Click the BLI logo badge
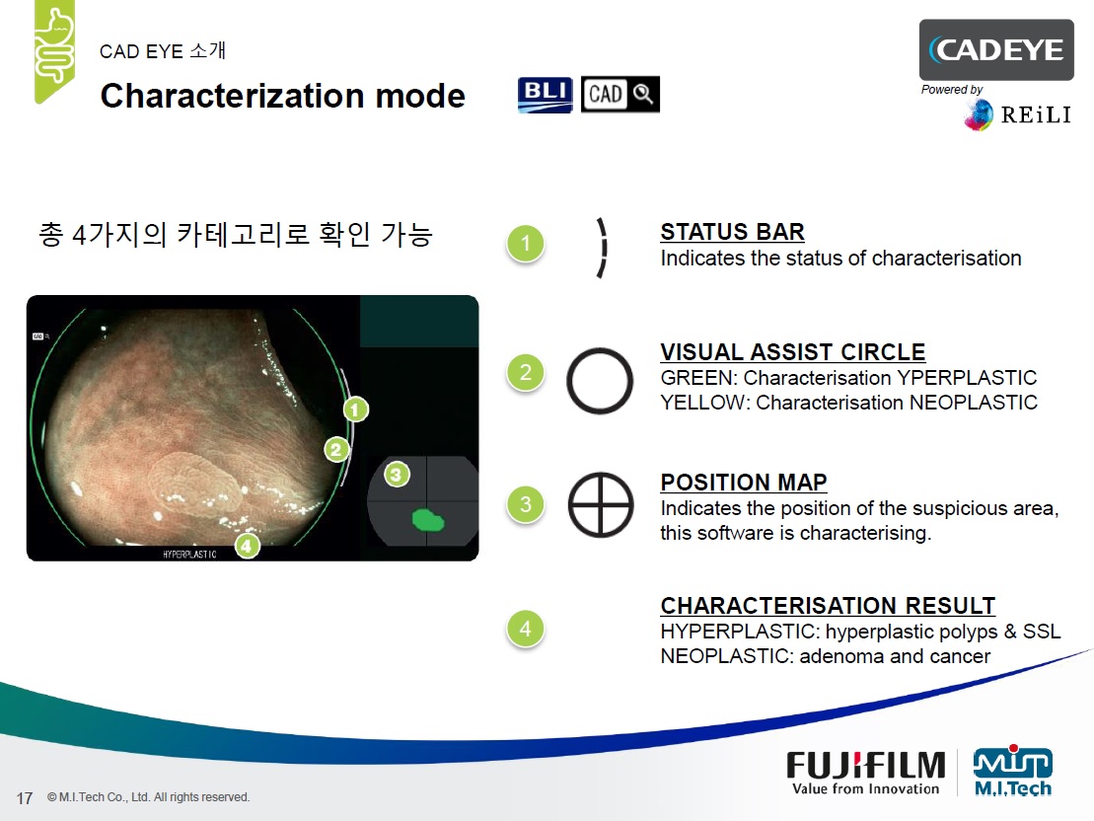point(545,95)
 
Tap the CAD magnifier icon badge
point(620,95)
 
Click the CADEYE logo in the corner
point(996,49)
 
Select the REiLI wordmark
point(1036,114)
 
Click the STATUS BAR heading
point(733,232)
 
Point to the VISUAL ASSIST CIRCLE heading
point(793,352)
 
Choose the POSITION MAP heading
point(744,482)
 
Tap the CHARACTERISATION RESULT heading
point(829,605)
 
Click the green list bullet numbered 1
point(526,244)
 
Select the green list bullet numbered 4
point(526,629)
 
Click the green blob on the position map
point(428,520)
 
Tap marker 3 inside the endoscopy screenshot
point(397,475)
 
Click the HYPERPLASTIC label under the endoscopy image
point(189,555)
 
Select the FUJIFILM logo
point(866,773)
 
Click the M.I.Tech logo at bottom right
point(1013,771)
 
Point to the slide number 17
point(25,798)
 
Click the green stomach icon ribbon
point(54,50)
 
